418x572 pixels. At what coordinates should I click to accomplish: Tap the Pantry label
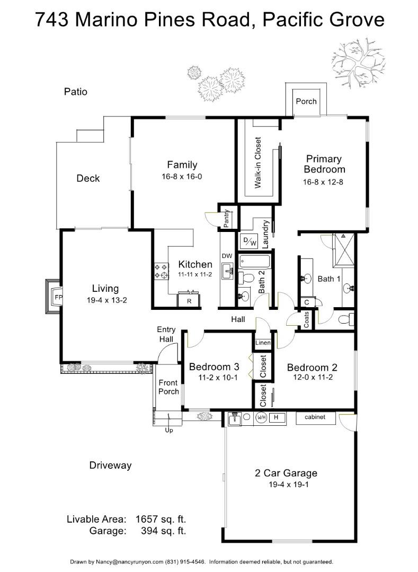pyautogui.click(x=226, y=218)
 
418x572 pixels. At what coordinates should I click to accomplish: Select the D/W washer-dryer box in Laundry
pyautogui.click(x=249, y=242)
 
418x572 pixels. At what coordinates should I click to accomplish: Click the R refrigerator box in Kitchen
pyautogui.click(x=189, y=301)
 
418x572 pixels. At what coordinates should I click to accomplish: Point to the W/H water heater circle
pyautogui.click(x=261, y=417)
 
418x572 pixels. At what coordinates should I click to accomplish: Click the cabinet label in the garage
pyautogui.click(x=318, y=417)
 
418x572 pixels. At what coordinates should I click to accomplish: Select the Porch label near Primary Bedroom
pyautogui.click(x=306, y=101)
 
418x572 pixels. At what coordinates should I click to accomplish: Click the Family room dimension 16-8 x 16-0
pyautogui.click(x=182, y=176)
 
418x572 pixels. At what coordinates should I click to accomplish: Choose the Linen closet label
pyautogui.click(x=263, y=343)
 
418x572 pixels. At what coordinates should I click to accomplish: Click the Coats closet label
pyautogui.click(x=306, y=320)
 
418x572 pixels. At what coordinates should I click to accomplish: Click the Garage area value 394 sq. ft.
pyautogui.click(x=163, y=530)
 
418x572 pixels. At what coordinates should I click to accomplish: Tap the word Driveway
pyautogui.click(x=110, y=466)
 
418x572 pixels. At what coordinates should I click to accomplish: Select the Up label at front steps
pyautogui.click(x=169, y=430)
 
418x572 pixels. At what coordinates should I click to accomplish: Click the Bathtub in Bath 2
pyautogui.click(x=254, y=261)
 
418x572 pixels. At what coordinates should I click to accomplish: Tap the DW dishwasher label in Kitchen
pyautogui.click(x=227, y=256)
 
